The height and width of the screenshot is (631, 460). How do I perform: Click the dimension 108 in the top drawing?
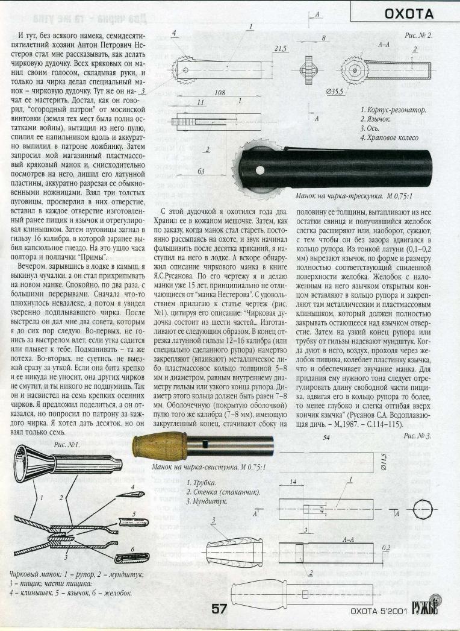[203, 93]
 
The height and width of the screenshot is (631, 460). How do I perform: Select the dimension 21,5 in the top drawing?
[279, 49]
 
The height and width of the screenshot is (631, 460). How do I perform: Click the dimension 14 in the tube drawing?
[291, 482]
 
